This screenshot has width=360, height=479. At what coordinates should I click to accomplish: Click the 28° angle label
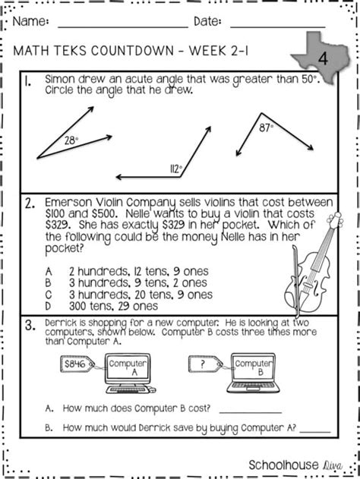coord(71,140)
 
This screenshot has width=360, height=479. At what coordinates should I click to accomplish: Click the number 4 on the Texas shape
coord(323,58)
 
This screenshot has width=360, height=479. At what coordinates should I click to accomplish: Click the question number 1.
coord(28,81)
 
